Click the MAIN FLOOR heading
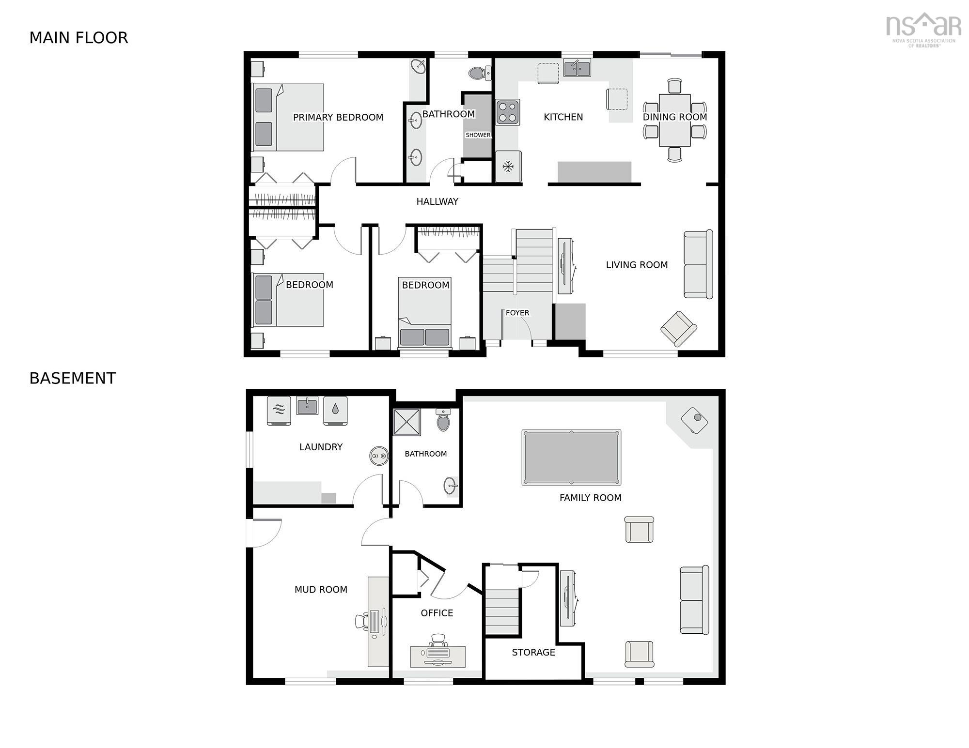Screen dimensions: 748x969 [78, 38]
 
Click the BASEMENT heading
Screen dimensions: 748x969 [73, 378]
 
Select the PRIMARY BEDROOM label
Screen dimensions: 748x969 [338, 117]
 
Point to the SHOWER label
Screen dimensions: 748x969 [478, 135]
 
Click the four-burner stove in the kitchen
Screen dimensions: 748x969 [507, 112]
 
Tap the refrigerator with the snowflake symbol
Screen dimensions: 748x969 [508, 167]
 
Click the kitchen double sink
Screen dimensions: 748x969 [577, 69]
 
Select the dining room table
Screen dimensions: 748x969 [674, 120]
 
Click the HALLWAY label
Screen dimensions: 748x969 [437, 201]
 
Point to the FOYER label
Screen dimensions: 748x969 [517, 313]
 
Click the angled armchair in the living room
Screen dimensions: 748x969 [678, 329]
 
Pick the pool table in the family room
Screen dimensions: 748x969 [571, 457]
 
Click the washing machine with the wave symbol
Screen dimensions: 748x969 [279, 411]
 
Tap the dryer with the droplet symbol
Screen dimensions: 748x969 [335, 411]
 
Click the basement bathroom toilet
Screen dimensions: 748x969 [443, 420]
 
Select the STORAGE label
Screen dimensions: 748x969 [533, 652]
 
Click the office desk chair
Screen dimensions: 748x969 [438, 641]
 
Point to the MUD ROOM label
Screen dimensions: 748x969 [321, 589]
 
